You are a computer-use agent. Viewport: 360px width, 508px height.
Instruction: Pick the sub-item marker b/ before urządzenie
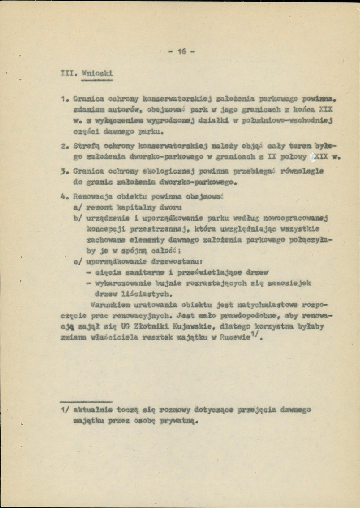coord(77,218)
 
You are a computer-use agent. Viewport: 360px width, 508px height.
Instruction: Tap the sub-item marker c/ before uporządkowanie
coord(77,262)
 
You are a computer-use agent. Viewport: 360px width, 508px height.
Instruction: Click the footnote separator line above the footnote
coord(86,400)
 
